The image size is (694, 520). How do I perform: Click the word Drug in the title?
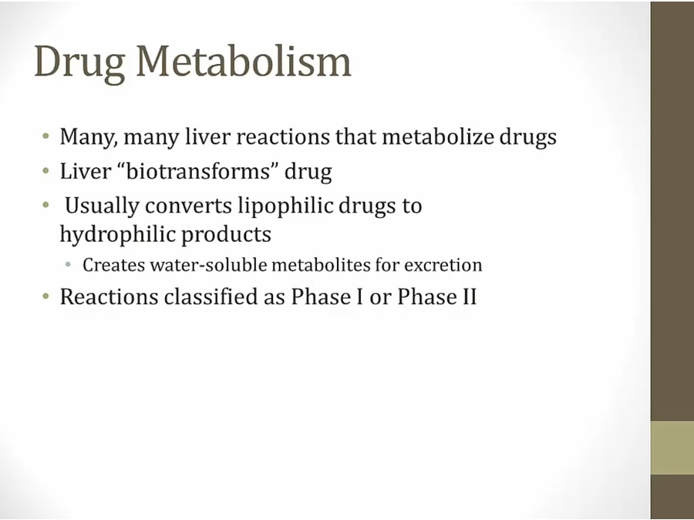click(x=79, y=63)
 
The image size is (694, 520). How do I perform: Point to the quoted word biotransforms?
click(x=197, y=171)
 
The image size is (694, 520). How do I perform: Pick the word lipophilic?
click(x=285, y=206)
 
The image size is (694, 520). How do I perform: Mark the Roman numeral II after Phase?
click(x=470, y=297)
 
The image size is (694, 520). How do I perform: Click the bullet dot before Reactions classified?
click(x=46, y=297)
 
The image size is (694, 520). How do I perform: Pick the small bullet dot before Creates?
click(x=68, y=265)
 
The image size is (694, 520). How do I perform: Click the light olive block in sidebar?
click(x=672, y=448)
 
